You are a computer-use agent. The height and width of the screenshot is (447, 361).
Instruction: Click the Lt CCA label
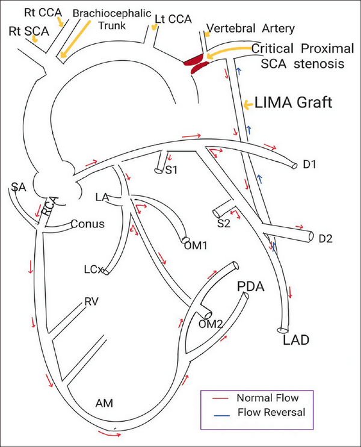(x=173, y=19)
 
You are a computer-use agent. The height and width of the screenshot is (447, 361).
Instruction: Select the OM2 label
(x=211, y=324)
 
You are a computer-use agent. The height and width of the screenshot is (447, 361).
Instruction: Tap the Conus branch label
(x=88, y=224)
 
